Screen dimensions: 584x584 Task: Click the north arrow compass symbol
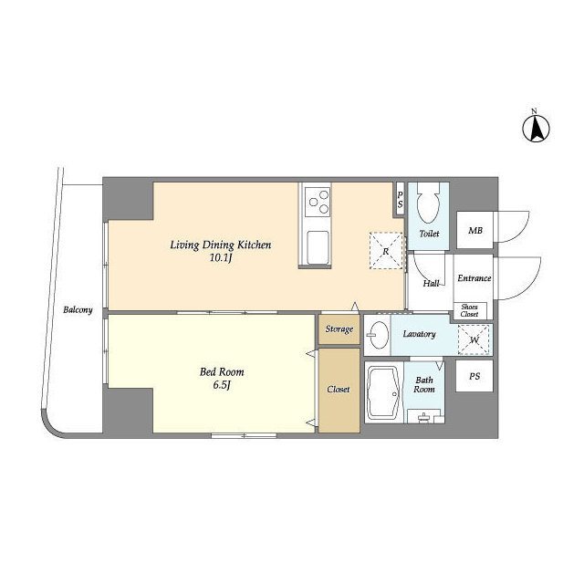point(536,129)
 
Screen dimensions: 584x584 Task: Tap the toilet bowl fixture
point(428,203)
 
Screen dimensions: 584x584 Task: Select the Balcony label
point(78,310)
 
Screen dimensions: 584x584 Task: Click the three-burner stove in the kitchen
point(317,202)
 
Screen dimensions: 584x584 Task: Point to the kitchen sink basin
point(317,247)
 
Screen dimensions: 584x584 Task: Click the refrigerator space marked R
point(386,251)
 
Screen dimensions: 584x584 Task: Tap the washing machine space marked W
point(474,339)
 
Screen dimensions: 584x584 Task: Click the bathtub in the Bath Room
point(383,393)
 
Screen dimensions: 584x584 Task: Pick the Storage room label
point(339,329)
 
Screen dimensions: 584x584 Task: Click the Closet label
point(339,390)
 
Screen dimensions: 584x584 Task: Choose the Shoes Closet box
point(470,310)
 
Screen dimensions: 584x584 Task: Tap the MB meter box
point(474,230)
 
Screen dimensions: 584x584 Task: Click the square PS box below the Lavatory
point(474,376)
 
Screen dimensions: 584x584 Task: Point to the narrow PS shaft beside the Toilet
point(400,199)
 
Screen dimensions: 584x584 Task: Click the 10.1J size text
point(221,257)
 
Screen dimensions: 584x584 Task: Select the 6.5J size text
point(222,385)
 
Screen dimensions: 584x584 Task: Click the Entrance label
point(474,278)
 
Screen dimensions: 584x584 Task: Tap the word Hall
point(431,284)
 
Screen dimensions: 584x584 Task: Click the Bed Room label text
point(222,371)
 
